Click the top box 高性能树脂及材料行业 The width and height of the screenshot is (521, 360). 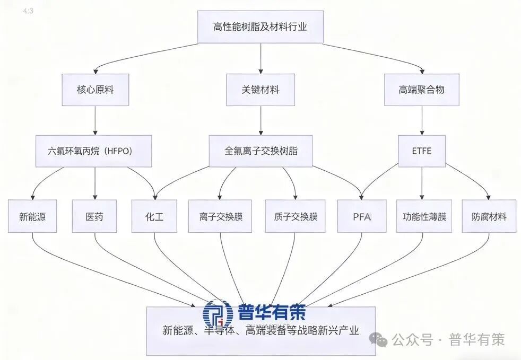260,27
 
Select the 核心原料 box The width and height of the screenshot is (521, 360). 95,90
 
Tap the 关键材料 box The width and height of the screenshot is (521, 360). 260,90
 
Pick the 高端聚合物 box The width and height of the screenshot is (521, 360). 422,90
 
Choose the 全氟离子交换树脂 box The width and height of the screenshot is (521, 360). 260,151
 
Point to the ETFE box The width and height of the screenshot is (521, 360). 422,151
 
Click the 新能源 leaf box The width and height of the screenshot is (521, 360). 32,216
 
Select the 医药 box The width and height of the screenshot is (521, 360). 95,216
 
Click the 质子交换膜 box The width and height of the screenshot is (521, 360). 295,216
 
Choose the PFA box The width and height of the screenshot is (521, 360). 362,216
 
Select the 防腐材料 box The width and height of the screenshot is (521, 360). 489,216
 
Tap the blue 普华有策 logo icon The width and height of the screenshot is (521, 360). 218,314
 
